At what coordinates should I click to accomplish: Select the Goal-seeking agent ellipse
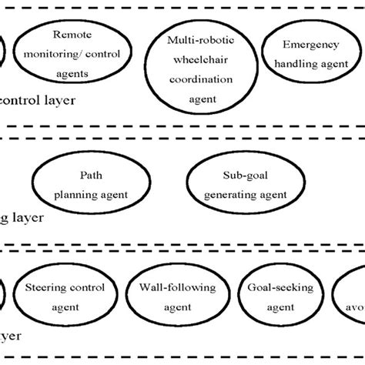click(270, 296)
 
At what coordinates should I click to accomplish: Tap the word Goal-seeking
click(270, 290)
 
